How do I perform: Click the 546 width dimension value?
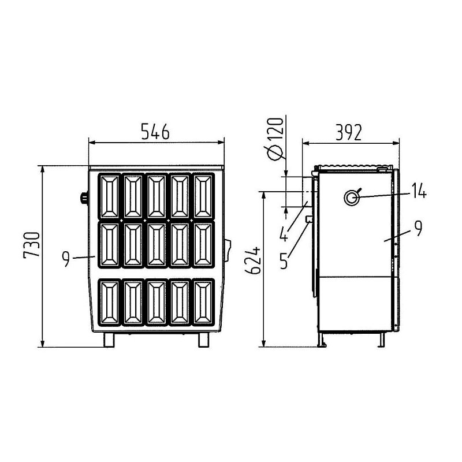155,132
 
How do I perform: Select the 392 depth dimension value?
349,132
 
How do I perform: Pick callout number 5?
284,260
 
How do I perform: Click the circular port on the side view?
352,198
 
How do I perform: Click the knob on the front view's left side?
84,199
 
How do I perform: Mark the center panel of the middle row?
157,245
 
